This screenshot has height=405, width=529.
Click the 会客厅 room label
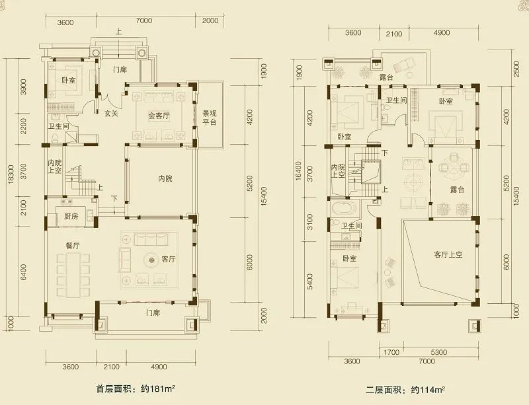159,116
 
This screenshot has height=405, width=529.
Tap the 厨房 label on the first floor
71,216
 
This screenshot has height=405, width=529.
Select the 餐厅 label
73,246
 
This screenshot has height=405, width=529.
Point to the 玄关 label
111,114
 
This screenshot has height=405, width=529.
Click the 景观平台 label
210,118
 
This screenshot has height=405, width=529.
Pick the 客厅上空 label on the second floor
448,254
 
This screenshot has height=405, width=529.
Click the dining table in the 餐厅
73,276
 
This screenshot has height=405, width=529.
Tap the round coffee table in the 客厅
151,260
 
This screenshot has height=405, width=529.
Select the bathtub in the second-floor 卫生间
344,208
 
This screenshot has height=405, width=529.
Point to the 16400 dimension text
298,171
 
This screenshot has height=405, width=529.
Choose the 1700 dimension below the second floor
391,352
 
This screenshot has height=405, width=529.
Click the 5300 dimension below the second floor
439,352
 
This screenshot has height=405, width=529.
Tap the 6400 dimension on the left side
23,273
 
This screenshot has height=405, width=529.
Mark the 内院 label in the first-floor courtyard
165,179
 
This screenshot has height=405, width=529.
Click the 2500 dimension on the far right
516,69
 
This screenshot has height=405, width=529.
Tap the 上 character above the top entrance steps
118,32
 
